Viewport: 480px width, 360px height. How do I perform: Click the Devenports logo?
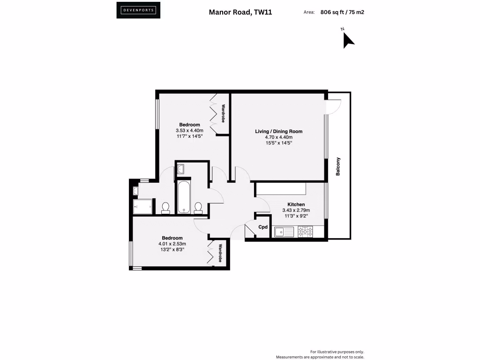(x=138, y=10)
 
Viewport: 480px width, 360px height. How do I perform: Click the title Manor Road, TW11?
(x=240, y=13)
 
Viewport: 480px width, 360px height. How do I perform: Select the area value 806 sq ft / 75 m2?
(x=342, y=13)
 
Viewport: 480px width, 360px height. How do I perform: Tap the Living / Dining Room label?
(x=278, y=131)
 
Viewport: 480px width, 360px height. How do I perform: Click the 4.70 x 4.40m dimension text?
(x=278, y=137)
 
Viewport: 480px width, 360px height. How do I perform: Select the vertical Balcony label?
(x=338, y=166)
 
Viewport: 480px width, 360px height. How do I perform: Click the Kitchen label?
(x=296, y=204)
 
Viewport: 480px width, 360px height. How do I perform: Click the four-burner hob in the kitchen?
(x=305, y=231)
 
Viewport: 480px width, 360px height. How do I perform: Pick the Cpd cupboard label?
(x=263, y=227)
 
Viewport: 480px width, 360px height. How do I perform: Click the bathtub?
(x=184, y=197)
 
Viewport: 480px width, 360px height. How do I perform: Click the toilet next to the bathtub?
(x=198, y=207)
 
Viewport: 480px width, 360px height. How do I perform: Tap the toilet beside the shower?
(x=165, y=207)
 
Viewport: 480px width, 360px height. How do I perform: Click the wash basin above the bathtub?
(x=181, y=169)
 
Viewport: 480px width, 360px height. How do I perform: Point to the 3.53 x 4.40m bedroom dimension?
(x=189, y=130)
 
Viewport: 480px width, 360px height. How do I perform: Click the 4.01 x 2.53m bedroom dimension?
(x=172, y=244)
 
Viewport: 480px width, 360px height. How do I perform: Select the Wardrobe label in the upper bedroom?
(x=224, y=114)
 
